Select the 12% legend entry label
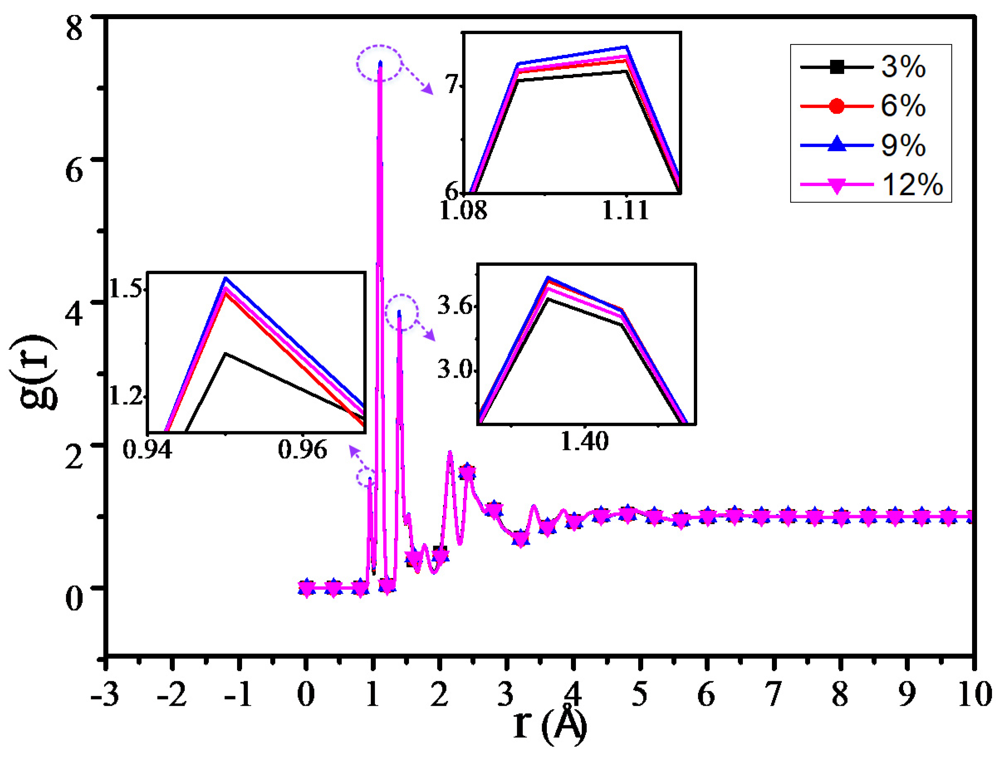click(x=912, y=185)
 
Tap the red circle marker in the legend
click(x=837, y=106)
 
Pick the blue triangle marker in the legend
click(x=837, y=145)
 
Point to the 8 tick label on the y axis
click(x=75, y=28)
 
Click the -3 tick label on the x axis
click(x=105, y=694)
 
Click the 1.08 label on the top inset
click(x=463, y=211)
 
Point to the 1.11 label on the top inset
click(x=625, y=211)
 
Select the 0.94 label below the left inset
click(x=148, y=450)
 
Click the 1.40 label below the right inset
click(x=585, y=441)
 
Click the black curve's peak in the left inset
click(x=225, y=354)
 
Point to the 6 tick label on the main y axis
click(x=75, y=171)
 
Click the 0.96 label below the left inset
click(x=303, y=450)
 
